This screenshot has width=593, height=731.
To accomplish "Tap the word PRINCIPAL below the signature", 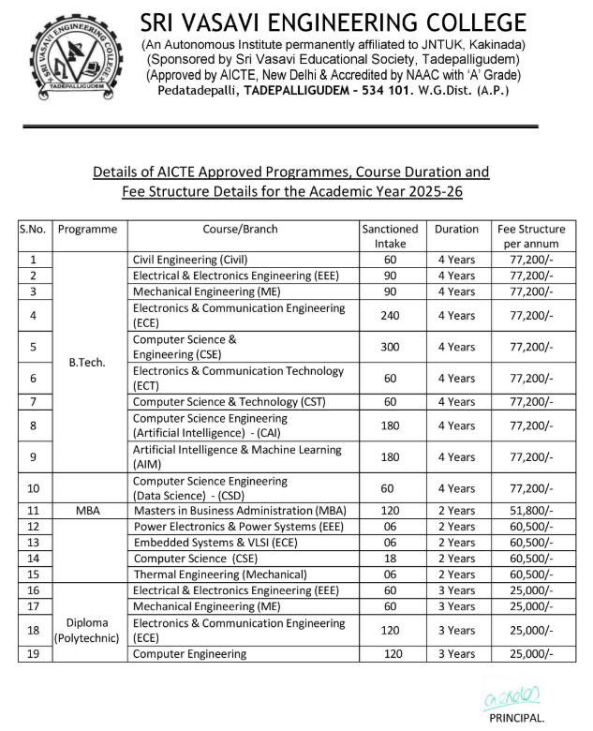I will (516, 717).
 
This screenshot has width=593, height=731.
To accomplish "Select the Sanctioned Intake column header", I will (390, 236).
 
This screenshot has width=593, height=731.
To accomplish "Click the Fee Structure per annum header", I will (531, 236).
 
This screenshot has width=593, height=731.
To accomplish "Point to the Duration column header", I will (456, 230).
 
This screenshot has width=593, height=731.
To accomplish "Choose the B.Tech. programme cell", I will (87, 362).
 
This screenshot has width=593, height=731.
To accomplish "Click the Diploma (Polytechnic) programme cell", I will (87, 631).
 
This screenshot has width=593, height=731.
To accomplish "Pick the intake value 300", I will (390, 347).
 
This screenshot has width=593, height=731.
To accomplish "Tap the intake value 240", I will (390, 316).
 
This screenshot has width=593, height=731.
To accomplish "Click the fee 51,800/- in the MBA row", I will (531, 511).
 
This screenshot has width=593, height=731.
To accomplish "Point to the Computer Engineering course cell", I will (190, 653).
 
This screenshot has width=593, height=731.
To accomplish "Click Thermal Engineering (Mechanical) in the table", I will (220, 574).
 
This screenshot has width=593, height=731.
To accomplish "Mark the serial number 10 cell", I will (34, 488).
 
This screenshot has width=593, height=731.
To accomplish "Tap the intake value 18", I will (390, 558).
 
